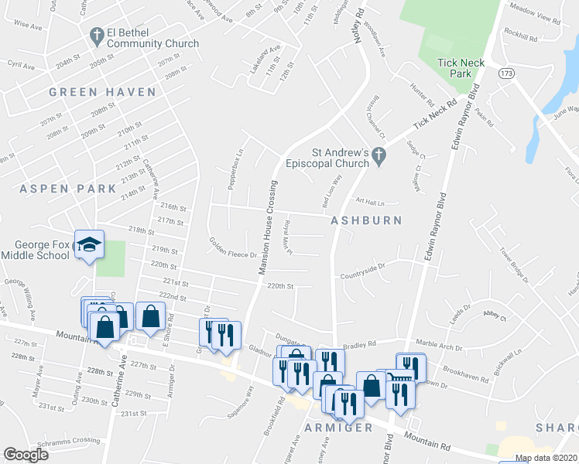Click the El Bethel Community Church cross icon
(97, 35)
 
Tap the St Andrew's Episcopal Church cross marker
(379, 155)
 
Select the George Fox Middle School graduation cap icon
(89, 244)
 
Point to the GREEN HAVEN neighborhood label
(102, 92)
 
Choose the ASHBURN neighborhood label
(366, 220)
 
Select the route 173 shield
(506, 73)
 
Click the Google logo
(26, 454)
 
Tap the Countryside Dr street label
(363, 275)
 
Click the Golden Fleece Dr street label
(232, 247)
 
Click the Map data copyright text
(546, 458)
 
